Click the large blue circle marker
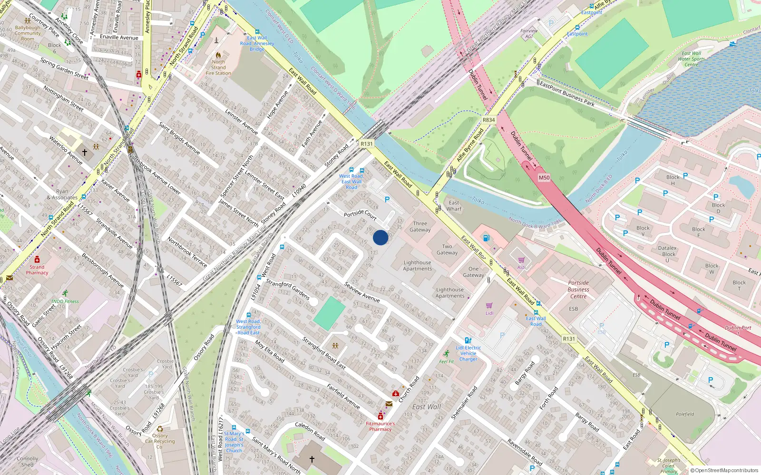(x=380, y=237)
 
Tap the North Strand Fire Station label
(x=218, y=67)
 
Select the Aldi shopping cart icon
(x=521, y=260)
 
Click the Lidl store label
(x=489, y=313)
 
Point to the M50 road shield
(x=544, y=178)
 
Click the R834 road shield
(x=488, y=120)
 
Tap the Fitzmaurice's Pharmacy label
(x=380, y=426)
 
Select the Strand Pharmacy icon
(x=37, y=260)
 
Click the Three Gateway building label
(x=420, y=227)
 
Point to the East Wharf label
(x=454, y=206)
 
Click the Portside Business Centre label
(x=578, y=289)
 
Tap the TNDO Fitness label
(x=65, y=301)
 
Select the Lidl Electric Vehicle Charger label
(x=468, y=353)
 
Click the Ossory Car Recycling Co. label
(x=160, y=441)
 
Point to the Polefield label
(x=685, y=414)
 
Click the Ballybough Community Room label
(x=28, y=33)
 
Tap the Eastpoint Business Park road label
(x=567, y=93)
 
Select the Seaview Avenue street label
(x=362, y=293)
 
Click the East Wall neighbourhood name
(x=427, y=407)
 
